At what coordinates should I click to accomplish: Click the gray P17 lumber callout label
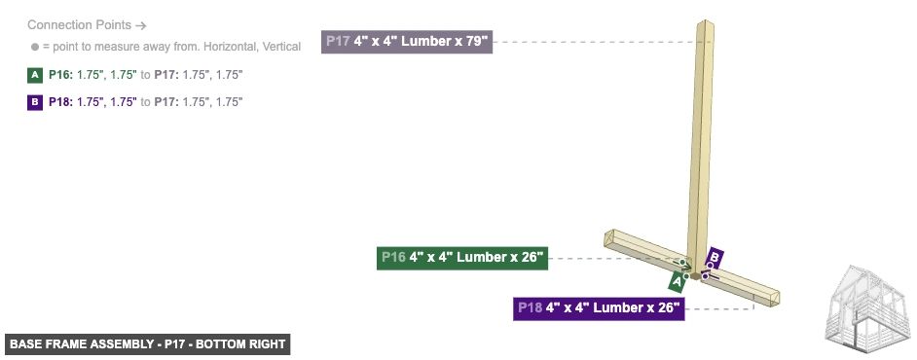[x=407, y=43]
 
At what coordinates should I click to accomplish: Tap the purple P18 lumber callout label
[x=599, y=308]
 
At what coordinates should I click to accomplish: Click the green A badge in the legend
[x=35, y=74]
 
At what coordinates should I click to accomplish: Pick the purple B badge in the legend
[x=35, y=101]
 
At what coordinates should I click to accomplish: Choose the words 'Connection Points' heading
[x=72, y=24]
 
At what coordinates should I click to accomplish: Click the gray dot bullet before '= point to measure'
[x=35, y=47]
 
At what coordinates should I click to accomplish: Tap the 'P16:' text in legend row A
[x=61, y=74]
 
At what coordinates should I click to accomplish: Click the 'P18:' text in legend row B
[x=61, y=101]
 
